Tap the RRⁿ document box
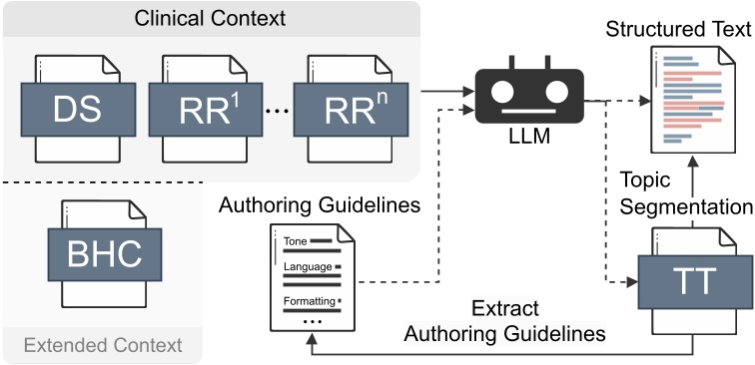pos(347,110)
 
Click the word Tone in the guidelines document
pos(296,241)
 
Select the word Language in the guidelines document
pos(306,268)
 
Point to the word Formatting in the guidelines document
pos(310,298)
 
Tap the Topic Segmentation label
pos(685,193)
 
